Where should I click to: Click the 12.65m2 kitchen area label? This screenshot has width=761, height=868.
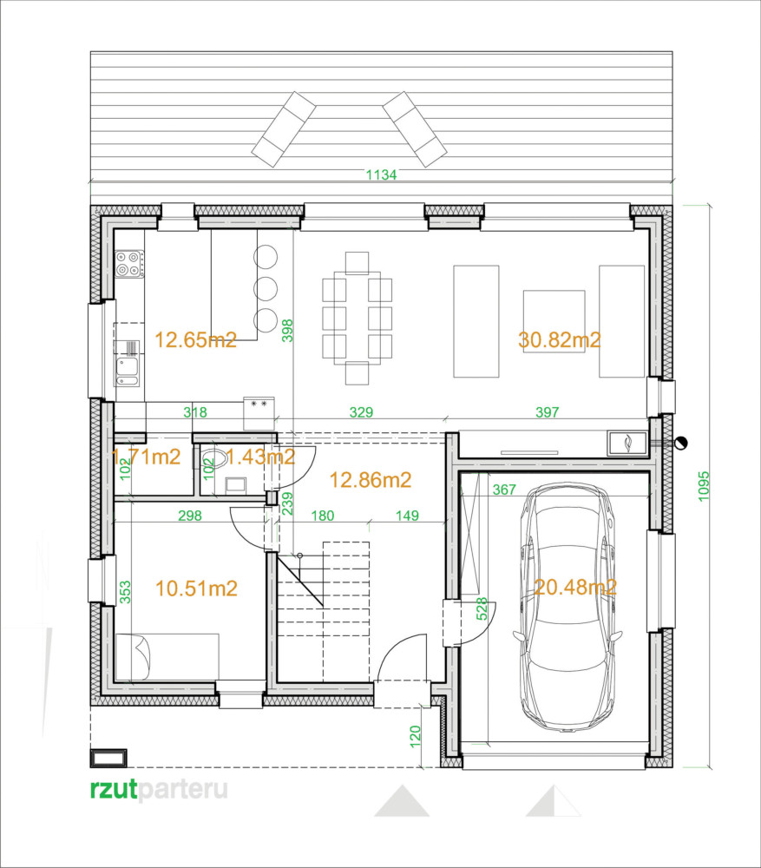click(195, 339)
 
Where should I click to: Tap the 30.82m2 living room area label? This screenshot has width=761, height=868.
click(559, 339)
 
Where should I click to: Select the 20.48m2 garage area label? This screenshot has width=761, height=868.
click(575, 587)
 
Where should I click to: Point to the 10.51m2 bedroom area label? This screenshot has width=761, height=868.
click(196, 588)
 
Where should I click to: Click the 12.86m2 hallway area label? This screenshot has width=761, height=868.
click(371, 479)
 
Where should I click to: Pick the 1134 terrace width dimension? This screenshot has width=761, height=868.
click(381, 175)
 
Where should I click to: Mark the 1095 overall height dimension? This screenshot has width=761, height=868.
click(704, 487)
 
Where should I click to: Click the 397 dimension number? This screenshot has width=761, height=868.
click(547, 412)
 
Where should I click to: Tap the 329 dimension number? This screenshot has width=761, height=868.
click(361, 412)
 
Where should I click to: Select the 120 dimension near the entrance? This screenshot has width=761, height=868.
click(415, 737)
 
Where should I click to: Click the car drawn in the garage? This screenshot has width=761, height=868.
click(568, 608)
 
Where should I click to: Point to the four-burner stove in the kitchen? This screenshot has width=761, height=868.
click(129, 264)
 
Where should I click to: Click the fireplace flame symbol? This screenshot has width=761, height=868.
click(627, 443)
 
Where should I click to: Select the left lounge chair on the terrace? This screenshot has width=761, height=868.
click(284, 129)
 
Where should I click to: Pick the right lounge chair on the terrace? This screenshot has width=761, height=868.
click(415, 129)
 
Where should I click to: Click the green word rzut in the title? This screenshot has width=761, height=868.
click(114, 789)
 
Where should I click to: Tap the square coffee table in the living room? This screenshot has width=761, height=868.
click(554, 321)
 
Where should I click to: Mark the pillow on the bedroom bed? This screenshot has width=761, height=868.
click(141, 658)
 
